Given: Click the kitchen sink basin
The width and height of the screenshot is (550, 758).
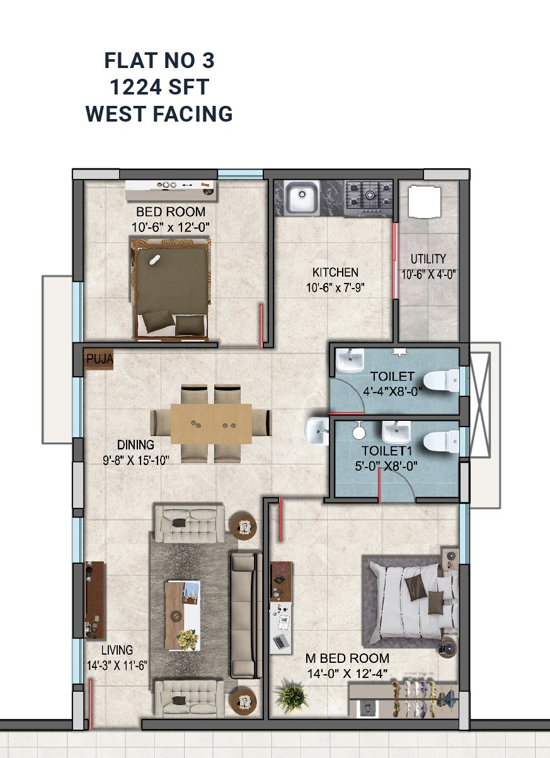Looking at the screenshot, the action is pyautogui.click(x=302, y=197).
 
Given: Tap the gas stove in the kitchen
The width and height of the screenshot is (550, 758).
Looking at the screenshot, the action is pyautogui.click(x=369, y=197).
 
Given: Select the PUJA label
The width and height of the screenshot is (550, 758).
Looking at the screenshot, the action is pyautogui.click(x=100, y=359).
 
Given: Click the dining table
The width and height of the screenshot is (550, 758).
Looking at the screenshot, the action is pyautogui.click(x=212, y=423).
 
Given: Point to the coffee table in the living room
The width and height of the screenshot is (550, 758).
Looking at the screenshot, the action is pyautogui.click(x=183, y=616).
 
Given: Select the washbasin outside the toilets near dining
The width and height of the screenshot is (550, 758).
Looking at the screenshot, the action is pyautogui.click(x=317, y=430).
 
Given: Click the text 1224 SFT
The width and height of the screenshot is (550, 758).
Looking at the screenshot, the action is pyautogui.click(x=159, y=87).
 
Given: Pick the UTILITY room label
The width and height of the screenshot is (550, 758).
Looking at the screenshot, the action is pyautogui.click(x=428, y=259).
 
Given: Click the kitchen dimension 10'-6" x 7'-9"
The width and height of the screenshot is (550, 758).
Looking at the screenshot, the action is pyautogui.click(x=335, y=287).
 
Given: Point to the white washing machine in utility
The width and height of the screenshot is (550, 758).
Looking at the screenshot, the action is pyautogui.click(x=425, y=201).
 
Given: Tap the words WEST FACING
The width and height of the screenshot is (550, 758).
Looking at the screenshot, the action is pyautogui.click(x=159, y=113).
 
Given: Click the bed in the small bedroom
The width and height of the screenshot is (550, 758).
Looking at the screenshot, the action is pyautogui.click(x=171, y=290).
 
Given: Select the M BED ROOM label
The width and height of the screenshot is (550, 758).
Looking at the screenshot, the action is pyautogui.click(x=347, y=658).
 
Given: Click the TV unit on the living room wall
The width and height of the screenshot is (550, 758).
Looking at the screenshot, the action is pyautogui.click(x=95, y=600).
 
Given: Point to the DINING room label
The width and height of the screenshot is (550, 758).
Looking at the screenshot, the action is pyautogui.click(x=135, y=444).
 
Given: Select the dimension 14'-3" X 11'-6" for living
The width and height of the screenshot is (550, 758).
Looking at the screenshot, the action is pyautogui.click(x=117, y=666).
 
